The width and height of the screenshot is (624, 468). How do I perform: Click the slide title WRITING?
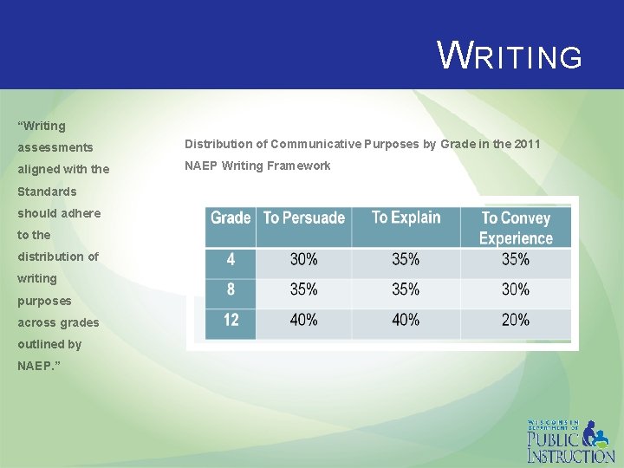[x=510, y=56]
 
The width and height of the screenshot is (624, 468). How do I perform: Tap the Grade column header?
[x=231, y=218]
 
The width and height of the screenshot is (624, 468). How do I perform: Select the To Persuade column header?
[x=304, y=218]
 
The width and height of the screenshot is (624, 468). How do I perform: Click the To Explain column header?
[x=406, y=218]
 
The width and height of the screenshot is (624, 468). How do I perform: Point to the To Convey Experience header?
[x=517, y=228]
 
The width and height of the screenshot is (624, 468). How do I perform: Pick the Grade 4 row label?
[x=231, y=259]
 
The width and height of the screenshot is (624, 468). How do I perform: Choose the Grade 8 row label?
[x=231, y=289]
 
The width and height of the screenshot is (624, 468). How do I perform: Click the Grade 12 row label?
[x=231, y=320]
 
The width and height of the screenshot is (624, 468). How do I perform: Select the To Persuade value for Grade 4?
[x=303, y=259]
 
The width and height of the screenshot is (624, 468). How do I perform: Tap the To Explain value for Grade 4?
[x=406, y=259]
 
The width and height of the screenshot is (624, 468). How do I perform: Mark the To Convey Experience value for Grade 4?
[x=516, y=259]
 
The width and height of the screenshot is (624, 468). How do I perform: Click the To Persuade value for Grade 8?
[x=303, y=289]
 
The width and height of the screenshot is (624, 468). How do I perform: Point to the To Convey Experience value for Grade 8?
[x=516, y=289]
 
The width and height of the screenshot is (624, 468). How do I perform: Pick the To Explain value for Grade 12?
[x=406, y=320]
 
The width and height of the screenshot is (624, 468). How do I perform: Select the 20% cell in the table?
[x=516, y=320]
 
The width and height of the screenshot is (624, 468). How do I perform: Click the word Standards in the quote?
[x=47, y=192]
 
